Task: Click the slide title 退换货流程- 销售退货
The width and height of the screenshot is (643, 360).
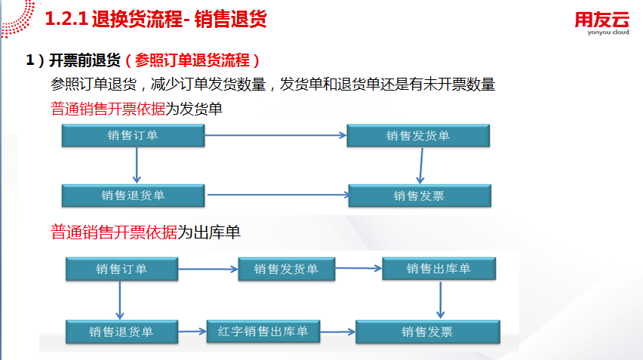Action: pos(179,20)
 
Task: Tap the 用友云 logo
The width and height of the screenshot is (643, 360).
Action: pos(601,17)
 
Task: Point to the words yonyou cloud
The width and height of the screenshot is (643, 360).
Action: pos(601,33)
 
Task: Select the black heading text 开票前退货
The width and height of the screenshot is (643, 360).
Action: pos(85,60)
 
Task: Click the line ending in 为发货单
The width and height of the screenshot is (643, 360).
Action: pos(137,109)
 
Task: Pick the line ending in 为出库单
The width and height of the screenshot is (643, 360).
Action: pos(146,232)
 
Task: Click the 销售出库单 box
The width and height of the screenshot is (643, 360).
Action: pos(438,269)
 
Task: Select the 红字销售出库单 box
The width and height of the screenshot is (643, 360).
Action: pos(263,331)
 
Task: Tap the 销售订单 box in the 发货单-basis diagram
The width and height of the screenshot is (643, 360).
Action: pos(134,135)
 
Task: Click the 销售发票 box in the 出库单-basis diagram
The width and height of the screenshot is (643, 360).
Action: pos(427,331)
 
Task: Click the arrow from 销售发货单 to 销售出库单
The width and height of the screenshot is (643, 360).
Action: pos(358,267)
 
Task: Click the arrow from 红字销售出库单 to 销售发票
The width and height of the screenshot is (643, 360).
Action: pos(337,331)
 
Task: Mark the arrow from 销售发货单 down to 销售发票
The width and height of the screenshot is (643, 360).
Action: pos(421,165)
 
